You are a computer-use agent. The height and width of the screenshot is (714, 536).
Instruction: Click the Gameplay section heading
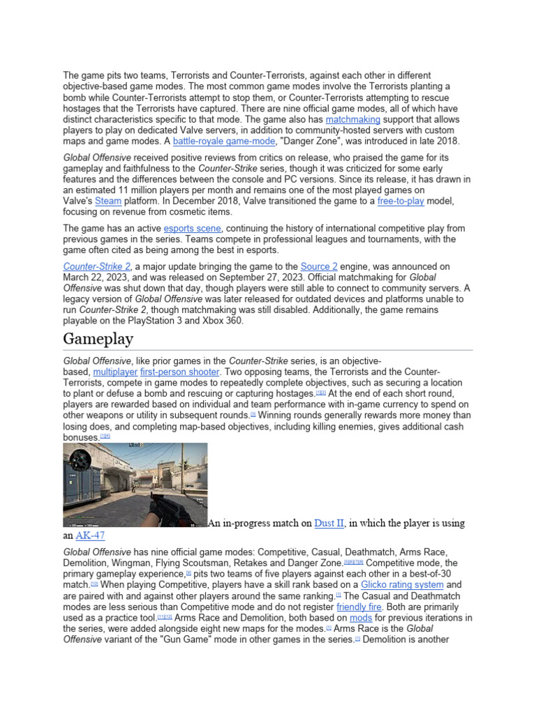pyautogui.click(x=98, y=338)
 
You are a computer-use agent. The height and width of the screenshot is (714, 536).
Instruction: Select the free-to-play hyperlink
pyautogui.click(x=405, y=202)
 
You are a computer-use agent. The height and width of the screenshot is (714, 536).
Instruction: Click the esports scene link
pyautogui.click(x=193, y=228)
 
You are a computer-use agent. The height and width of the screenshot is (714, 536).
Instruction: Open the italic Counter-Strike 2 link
pyautogui.click(x=96, y=266)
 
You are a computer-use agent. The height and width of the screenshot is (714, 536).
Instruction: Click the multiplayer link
pyautogui.click(x=114, y=372)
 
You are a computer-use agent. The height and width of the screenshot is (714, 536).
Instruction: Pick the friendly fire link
pyautogui.click(x=358, y=607)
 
